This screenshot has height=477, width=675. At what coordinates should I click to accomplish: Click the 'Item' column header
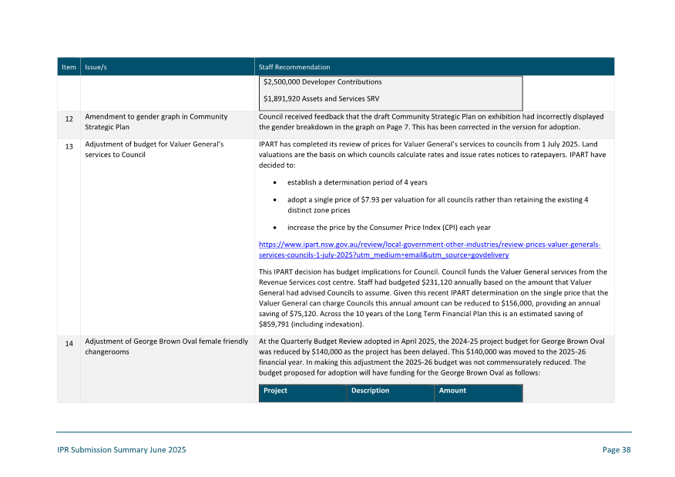point(69,67)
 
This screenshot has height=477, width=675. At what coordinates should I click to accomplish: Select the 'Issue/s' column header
point(96,67)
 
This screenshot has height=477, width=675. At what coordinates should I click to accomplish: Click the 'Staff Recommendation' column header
point(294,67)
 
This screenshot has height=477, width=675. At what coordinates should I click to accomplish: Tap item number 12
point(69,119)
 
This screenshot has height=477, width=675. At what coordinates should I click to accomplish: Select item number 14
point(69,343)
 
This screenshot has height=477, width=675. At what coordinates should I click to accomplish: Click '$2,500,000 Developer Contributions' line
point(322,82)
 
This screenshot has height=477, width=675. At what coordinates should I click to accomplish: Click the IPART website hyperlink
point(429,249)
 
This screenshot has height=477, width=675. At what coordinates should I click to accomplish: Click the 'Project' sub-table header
point(275,391)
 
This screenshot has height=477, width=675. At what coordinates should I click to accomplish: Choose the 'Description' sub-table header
point(370,391)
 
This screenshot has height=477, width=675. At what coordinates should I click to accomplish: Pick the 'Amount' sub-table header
point(452,391)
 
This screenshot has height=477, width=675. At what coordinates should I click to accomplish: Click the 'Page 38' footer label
point(616,450)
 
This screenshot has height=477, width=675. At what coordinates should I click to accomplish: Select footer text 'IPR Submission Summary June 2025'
point(122,450)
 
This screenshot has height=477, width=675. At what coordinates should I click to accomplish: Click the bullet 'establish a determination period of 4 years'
point(357,182)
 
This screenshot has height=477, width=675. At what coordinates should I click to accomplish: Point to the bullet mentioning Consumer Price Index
point(388,228)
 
